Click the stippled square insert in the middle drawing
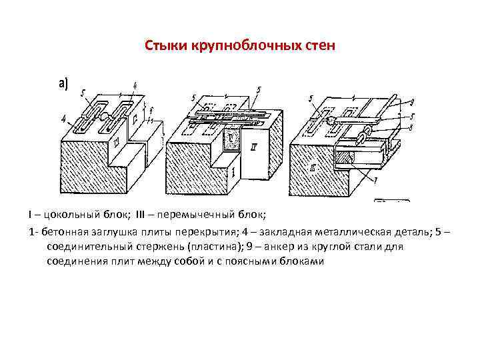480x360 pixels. click(231, 139)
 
